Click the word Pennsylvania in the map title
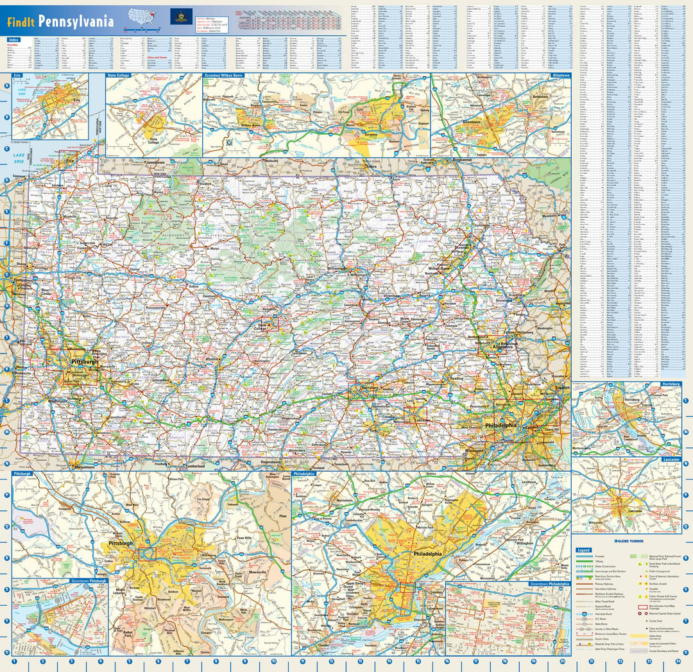click(x=76, y=21)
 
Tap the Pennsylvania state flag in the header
click(x=180, y=17)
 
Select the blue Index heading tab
click(x=13, y=40)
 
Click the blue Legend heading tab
click(x=583, y=550)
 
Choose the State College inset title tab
click(x=121, y=76)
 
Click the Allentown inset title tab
click(x=560, y=76)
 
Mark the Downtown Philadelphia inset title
click(x=549, y=584)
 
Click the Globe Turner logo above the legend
click(x=629, y=540)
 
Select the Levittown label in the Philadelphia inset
click(x=529, y=481)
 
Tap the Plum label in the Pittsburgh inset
click(x=282, y=516)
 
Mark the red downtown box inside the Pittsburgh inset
click(x=148, y=553)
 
